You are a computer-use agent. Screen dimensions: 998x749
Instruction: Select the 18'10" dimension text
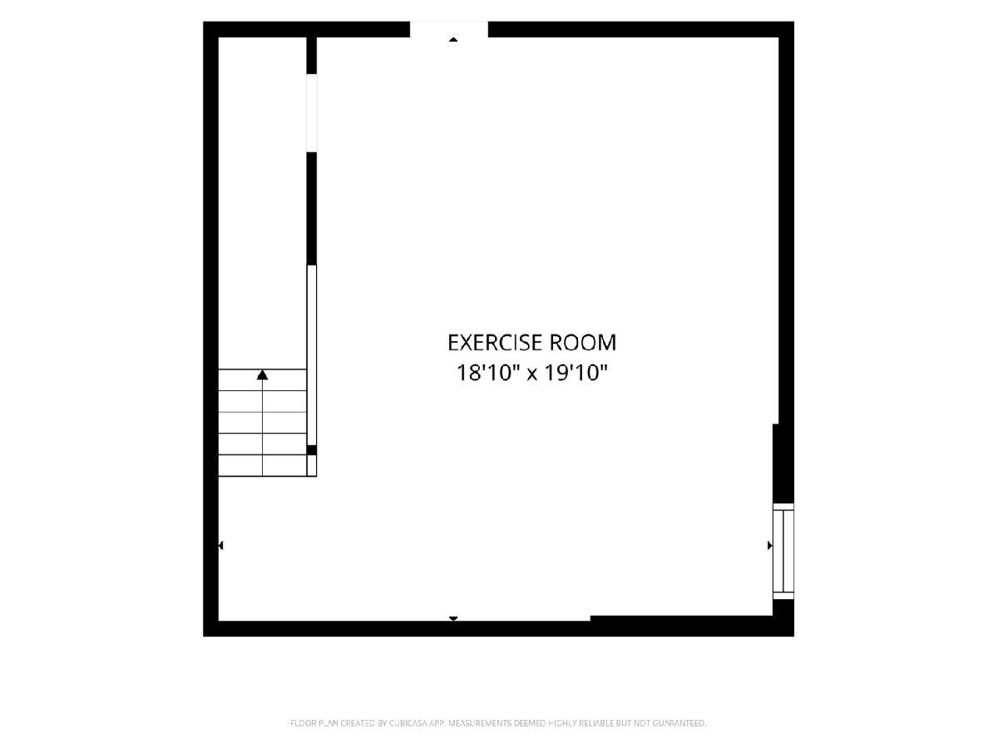point(488,373)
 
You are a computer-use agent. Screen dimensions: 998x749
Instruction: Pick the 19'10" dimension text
point(576,373)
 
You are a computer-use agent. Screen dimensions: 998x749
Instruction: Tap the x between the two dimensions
point(532,375)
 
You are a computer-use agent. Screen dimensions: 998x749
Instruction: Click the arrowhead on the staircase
point(262,375)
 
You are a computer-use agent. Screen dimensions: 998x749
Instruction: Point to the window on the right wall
point(783,551)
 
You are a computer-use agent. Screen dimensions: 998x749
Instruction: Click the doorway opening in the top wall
point(449,29)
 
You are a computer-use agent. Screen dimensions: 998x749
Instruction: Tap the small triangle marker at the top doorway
point(453,40)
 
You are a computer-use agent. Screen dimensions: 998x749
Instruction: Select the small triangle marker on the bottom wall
point(453,618)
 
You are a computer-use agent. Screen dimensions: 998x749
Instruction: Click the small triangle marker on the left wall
point(220,545)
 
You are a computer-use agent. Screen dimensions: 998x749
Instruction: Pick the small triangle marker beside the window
point(770,545)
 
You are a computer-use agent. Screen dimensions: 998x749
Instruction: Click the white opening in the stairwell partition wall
point(311,113)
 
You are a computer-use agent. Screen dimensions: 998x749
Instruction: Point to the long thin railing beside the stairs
point(311,355)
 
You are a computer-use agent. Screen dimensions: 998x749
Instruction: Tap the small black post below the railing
point(311,450)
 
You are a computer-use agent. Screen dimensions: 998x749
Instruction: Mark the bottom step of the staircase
point(262,466)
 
